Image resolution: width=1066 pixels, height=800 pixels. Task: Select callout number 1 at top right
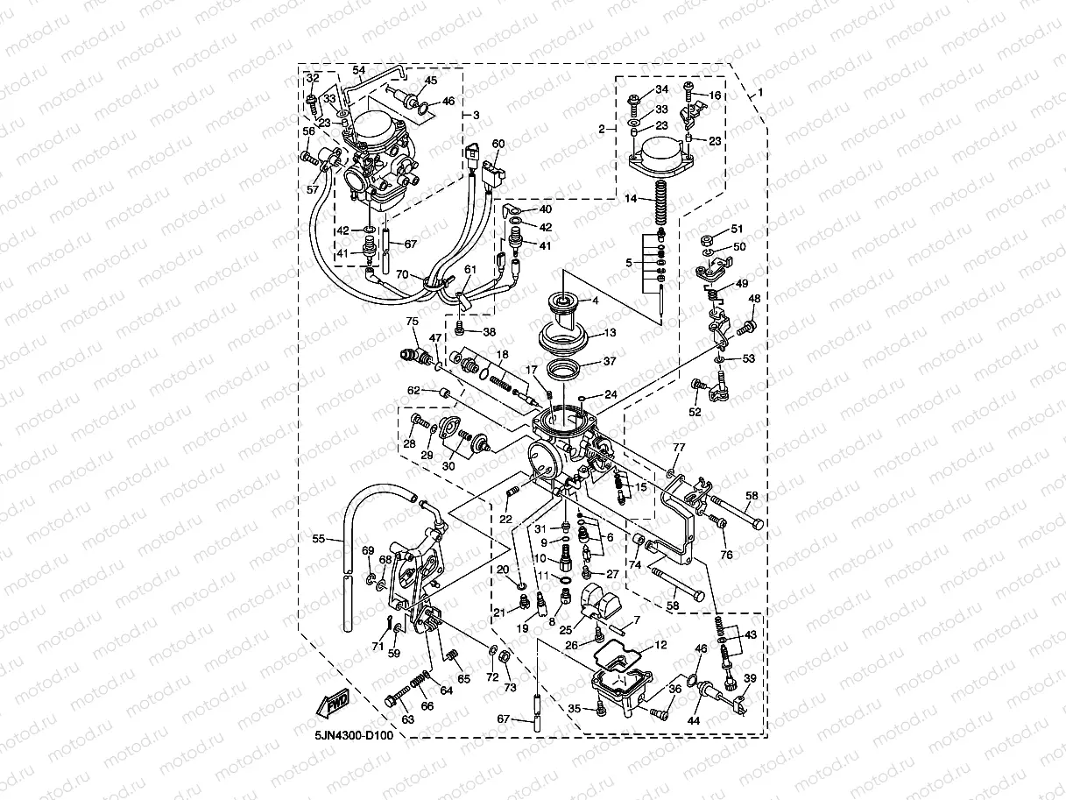point(761,92)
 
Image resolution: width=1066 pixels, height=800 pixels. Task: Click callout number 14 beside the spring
point(655,200)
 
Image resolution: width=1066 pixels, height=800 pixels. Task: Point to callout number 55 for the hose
point(319,538)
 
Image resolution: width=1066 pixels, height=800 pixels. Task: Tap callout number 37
point(610,361)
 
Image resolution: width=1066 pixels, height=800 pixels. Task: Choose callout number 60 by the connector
point(498,143)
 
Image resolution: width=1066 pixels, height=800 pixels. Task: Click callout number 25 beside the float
point(566,629)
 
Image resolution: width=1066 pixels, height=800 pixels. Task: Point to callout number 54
point(358,69)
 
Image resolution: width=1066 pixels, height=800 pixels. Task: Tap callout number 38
point(489,332)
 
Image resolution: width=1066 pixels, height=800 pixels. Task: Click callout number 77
point(677,448)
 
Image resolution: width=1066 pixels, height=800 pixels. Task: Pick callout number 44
point(694,720)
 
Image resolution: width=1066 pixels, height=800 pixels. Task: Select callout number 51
point(736,229)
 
